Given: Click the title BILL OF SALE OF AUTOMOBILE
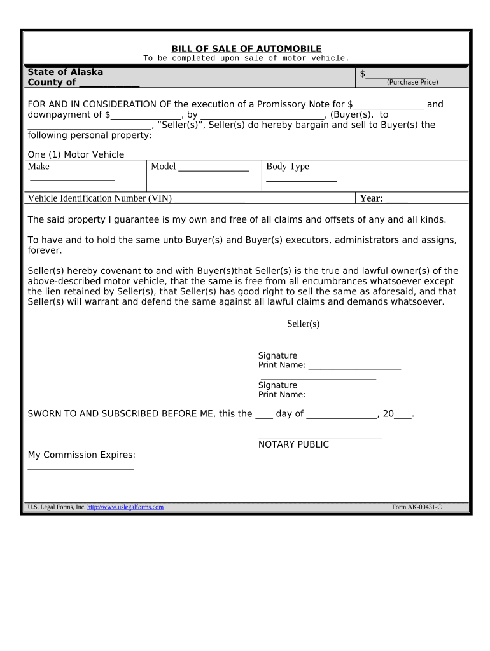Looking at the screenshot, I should pyautogui.click(x=246, y=49).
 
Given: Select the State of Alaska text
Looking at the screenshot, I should pyautogui.click(x=65, y=72).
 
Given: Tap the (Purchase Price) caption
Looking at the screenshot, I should pyautogui.click(x=412, y=82).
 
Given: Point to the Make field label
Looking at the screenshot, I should pyautogui.click(x=39, y=167).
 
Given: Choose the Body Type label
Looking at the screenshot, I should pyautogui.click(x=288, y=167).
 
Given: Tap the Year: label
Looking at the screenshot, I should pyautogui.click(x=372, y=198).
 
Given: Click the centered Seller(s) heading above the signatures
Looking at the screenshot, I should pyautogui.click(x=303, y=324).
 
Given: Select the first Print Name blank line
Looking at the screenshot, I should pyautogui.click(x=354, y=367).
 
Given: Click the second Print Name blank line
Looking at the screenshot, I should pyautogui.click(x=354, y=396).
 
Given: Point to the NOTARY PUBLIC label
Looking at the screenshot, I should pyautogui.click(x=293, y=444).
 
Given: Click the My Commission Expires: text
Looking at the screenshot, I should pyautogui.click(x=81, y=455).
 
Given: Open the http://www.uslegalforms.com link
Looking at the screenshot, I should pyautogui.click(x=125, y=507).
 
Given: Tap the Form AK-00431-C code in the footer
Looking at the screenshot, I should pyautogui.click(x=417, y=507).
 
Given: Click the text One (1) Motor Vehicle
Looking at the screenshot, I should pyautogui.click(x=76, y=154).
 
